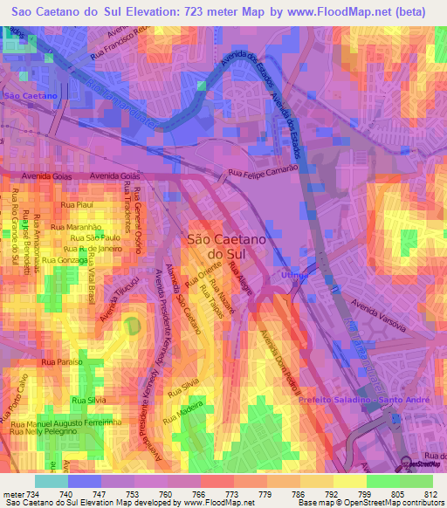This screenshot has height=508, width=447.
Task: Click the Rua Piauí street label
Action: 78,204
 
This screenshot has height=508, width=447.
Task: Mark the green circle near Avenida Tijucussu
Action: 132,326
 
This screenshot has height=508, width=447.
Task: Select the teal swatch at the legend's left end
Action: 51,481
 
